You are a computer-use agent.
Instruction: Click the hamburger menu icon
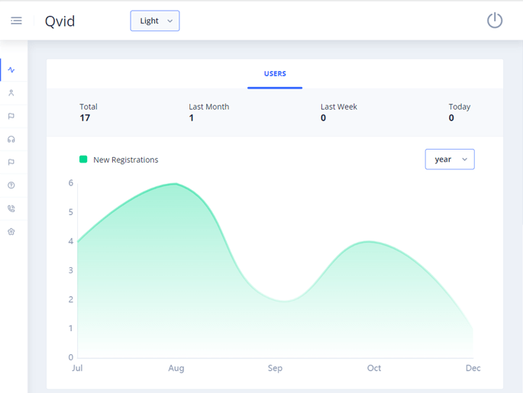tap(16, 21)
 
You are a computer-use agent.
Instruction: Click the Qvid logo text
tap(60, 21)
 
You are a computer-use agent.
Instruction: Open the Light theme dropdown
tap(155, 21)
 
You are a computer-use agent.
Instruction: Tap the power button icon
tap(495, 21)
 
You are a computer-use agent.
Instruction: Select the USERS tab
tap(275, 74)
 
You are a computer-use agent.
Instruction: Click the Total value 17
tap(85, 118)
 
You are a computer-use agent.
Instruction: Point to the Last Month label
tap(208, 107)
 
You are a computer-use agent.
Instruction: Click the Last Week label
tap(339, 107)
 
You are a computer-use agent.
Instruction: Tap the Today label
tap(460, 107)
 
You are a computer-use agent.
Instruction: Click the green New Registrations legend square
tap(83, 159)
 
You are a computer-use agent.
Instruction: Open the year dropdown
tap(450, 159)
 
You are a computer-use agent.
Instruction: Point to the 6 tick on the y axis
tap(71, 183)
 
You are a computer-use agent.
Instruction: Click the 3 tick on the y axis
tap(71, 270)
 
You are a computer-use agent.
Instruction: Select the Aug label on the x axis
tap(176, 368)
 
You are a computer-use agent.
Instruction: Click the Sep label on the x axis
tap(275, 368)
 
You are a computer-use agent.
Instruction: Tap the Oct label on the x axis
tap(374, 368)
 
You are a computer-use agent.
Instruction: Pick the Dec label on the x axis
tap(473, 368)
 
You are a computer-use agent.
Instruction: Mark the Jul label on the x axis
tap(77, 368)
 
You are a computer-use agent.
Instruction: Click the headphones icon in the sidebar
tap(11, 140)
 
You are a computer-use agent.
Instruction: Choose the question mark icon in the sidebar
tap(11, 185)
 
